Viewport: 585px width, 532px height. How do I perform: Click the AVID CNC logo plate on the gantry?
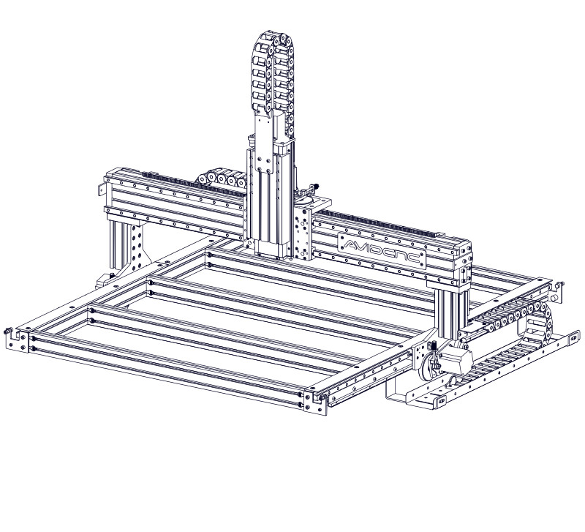point(382,250)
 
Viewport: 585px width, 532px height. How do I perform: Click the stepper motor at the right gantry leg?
point(456,360)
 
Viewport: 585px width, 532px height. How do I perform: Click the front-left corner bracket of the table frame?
point(17,339)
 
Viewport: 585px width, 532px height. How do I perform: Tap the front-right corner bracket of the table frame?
point(316,402)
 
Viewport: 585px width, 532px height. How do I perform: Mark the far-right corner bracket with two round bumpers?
point(556,291)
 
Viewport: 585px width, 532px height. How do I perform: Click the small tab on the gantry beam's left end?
point(101,190)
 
